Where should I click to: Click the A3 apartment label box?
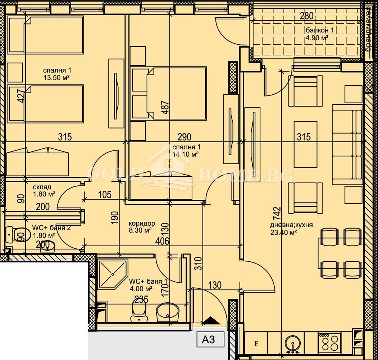(x=211, y=339)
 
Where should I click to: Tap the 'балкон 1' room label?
(x=319, y=30)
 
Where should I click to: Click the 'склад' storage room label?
(x=42, y=187)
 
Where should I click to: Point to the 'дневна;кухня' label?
(x=291, y=225)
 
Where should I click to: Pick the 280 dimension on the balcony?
(x=306, y=16)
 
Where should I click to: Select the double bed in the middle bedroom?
(x=176, y=93)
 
